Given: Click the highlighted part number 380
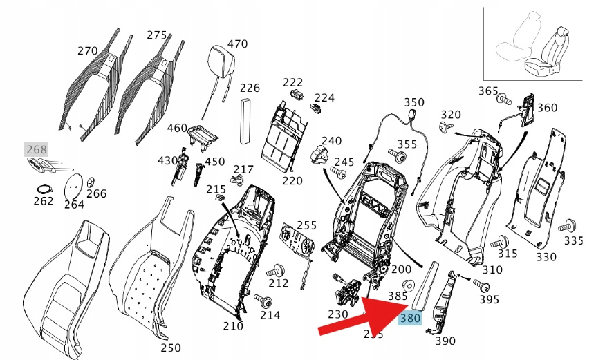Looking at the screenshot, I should [x=410, y=319].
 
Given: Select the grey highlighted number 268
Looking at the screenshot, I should [x=37, y=149].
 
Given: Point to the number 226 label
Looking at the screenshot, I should [x=250, y=88].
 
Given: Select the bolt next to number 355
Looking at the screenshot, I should [x=397, y=155].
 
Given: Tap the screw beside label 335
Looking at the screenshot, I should [x=570, y=225].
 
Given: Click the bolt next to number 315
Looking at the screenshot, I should [x=498, y=243].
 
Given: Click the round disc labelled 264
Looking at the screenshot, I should [x=74, y=185].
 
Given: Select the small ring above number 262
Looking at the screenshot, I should [x=43, y=189].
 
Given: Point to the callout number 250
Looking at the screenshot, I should [x=171, y=348].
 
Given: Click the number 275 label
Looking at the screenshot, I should [x=157, y=35].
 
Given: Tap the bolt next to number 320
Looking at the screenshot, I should [x=445, y=127].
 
